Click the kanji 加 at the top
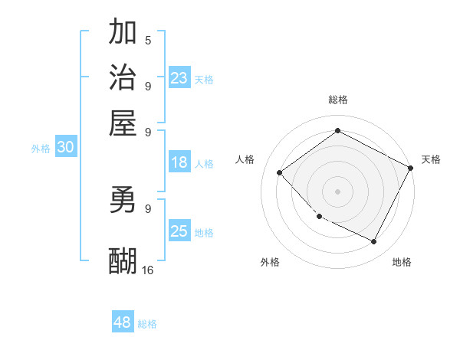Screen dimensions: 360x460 pos(123,32)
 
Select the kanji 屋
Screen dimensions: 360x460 pos(123,123)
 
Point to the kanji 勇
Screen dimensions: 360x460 pos(123,200)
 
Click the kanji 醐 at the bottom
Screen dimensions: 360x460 pos(123,261)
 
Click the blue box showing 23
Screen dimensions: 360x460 pos(179,78)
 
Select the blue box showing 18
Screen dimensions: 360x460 pos(179,162)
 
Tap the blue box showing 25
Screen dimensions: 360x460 pos(179,231)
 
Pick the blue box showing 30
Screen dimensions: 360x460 pos(65,148)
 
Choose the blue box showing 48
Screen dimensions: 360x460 pos(122,322)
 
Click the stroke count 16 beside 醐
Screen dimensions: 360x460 pos(147,270)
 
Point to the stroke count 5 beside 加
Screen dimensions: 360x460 pos(147,40)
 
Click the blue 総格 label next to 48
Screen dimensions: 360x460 pos(147,324)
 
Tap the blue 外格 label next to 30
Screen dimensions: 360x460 pos(41,149)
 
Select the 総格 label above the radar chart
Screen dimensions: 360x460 pos(338,100)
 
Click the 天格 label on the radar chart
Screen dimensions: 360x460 pos(431,159)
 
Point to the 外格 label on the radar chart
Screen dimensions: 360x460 pos(270,262)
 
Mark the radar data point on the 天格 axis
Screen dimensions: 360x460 pos(410,168)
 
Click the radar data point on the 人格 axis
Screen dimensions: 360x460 pos(280,172)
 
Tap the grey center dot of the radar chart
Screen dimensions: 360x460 pos(338,191)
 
